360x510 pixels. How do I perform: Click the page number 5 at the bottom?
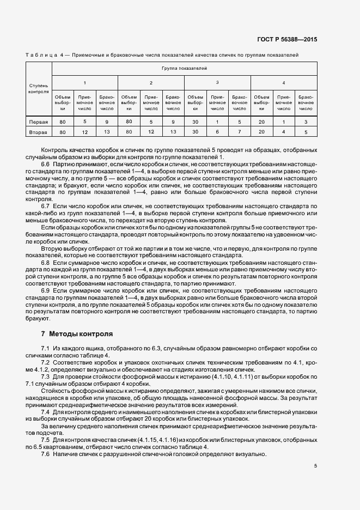tap(315, 465)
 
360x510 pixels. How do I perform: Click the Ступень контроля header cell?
tap(39, 88)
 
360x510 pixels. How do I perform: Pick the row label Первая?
tap(39, 122)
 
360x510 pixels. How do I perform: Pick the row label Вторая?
tap(39, 132)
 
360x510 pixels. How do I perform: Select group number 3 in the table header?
tap(217, 82)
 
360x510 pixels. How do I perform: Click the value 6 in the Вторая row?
tap(217, 132)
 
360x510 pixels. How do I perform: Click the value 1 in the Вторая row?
tap(284, 132)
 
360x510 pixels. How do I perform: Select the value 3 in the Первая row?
tap(306, 122)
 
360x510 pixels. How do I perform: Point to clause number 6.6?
tap(46, 163)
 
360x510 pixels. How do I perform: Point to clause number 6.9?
tap(46, 292)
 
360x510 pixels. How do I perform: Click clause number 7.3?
tap(46, 377)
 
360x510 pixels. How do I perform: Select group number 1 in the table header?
tap(84, 82)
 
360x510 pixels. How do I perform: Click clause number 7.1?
tap(46, 348)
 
